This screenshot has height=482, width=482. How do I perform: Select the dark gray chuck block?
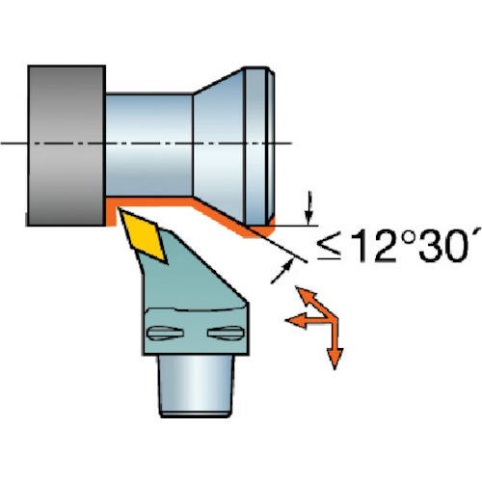tap(67, 146)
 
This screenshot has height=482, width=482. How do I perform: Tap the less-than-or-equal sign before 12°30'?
tap(329, 248)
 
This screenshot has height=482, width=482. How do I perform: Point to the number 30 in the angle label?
tap(443, 245)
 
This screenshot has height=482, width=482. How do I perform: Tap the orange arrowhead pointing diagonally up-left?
tap(305, 294)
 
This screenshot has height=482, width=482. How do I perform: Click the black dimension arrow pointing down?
tap(308, 208)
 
